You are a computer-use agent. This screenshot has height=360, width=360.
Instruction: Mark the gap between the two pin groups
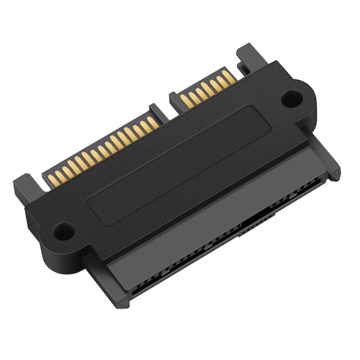(x=165, y=105)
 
